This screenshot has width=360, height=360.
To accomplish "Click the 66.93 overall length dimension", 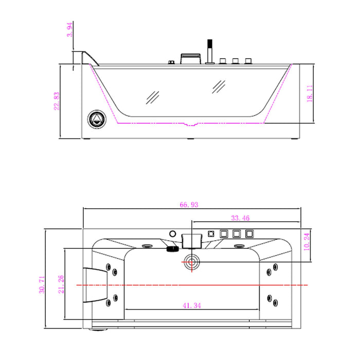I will (x=189, y=204).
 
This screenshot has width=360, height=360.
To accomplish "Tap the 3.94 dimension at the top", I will (x=70, y=30).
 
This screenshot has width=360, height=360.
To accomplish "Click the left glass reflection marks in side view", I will (x=153, y=96).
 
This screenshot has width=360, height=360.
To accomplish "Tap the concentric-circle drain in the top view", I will (x=192, y=261).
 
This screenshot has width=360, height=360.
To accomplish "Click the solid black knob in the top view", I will (x=171, y=248).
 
